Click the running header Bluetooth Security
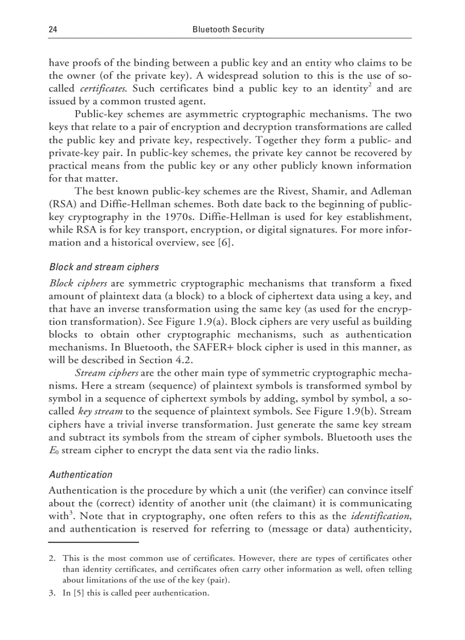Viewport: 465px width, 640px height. click(x=228, y=29)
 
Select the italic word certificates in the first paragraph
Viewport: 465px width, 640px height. click(x=103, y=88)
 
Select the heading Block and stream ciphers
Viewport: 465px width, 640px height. click(x=104, y=267)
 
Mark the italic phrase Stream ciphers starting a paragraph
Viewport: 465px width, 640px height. click(x=107, y=373)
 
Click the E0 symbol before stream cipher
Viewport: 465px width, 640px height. click(x=54, y=451)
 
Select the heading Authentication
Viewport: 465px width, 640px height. click(x=80, y=474)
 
